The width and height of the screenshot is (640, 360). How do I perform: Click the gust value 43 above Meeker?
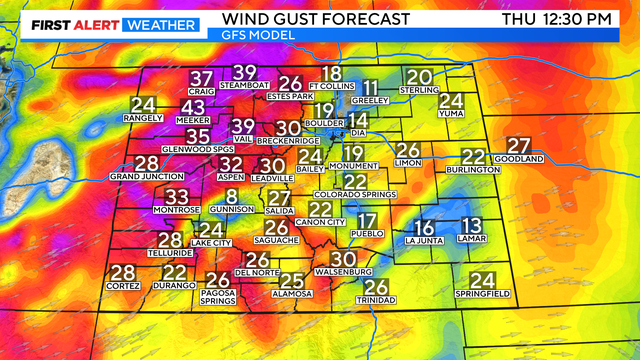coord(194,108)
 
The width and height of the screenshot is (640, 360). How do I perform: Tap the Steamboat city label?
coord(245,86)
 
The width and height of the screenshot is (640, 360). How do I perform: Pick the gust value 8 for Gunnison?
coord(232,197)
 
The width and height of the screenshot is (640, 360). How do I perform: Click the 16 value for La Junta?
coord(425,227)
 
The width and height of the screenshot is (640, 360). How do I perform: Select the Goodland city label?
coord(519,159)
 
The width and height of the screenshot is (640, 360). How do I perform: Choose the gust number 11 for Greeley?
coord(371,87)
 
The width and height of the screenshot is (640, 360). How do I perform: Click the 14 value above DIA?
coord(358,120)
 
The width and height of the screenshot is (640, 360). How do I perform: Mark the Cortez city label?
coord(123,286)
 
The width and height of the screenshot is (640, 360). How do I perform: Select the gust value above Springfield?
coord(483,280)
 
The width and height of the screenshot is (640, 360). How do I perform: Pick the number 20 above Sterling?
coord(419,77)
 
